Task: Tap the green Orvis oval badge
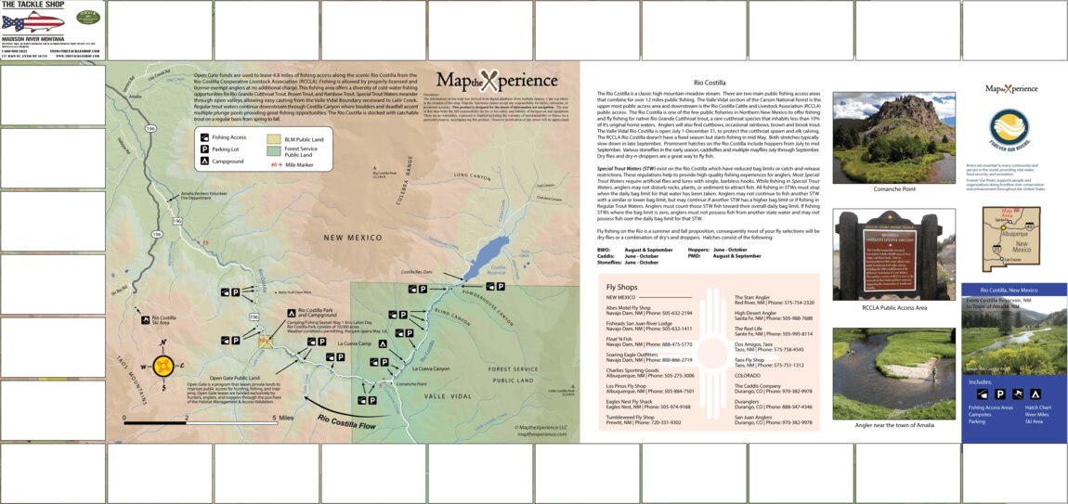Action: (87, 18)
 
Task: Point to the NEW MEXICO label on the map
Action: (353, 239)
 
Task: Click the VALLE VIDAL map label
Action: (448, 395)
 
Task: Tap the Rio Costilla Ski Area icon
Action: (145, 319)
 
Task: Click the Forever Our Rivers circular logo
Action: (1009, 130)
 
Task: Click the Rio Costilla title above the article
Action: (709, 83)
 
